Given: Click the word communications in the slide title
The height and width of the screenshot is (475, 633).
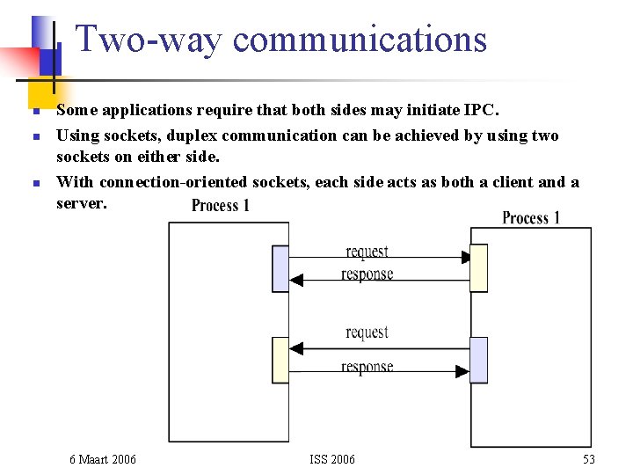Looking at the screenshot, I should tap(360, 40).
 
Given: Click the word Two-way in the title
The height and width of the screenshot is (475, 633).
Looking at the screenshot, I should tap(151, 40).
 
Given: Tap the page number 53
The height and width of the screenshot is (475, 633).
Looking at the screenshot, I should tap(588, 459).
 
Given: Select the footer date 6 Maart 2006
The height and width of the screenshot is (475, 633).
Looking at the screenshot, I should tap(103, 459).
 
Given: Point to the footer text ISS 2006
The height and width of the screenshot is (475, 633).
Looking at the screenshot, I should tap(332, 459).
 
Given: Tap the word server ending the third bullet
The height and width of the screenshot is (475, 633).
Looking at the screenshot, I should tap(80, 202).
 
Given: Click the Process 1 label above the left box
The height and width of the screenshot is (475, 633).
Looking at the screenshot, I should tap(221, 206).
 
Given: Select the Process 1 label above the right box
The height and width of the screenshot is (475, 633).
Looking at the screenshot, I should tap(531, 217).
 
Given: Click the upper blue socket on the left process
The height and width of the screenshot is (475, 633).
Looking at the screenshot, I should tap(280, 268).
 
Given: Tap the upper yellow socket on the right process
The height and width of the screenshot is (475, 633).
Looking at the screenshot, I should tap(478, 268).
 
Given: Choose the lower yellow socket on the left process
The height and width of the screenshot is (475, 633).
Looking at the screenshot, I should tap(280, 359).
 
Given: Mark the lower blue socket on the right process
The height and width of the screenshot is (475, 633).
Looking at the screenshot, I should tap(478, 360).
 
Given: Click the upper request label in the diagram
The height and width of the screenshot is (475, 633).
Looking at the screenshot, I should tap(367, 252).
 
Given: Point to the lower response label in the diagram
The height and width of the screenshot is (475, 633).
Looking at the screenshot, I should tap(367, 367).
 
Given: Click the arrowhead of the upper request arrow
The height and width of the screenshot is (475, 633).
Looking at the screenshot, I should tap(465, 258).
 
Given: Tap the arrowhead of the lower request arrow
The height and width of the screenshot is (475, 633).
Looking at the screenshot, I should tap(295, 348).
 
